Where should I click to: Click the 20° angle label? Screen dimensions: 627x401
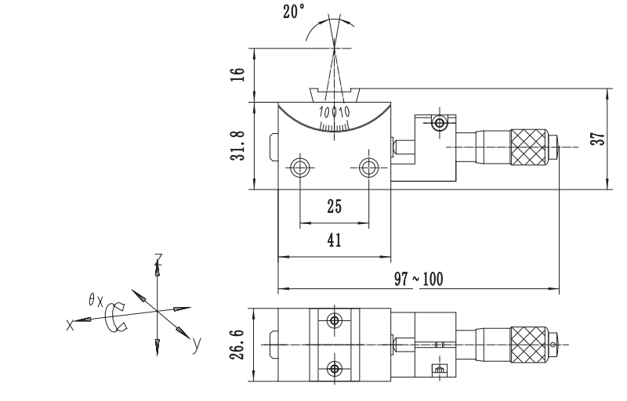click(293, 11)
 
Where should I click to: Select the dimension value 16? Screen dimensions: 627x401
click(237, 74)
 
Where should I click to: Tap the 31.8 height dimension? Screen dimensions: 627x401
click(237, 146)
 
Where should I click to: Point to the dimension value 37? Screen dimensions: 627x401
click(598, 139)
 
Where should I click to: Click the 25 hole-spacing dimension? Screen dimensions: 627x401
click(335, 207)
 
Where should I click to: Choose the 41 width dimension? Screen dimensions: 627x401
click(335, 240)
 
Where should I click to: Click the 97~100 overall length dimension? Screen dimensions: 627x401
click(419, 279)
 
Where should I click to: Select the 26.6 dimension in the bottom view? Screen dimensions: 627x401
click(237, 345)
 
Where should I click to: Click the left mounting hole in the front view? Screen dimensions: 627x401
click(300, 168)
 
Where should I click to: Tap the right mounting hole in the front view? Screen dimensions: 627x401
click(368, 168)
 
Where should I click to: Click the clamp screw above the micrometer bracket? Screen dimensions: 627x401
click(440, 123)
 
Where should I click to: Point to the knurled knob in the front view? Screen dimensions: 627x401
click(528, 147)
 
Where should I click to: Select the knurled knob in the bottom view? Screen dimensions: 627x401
click(528, 345)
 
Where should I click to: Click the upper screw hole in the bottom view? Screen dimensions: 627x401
click(335, 320)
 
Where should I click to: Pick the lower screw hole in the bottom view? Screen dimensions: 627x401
click(335, 369)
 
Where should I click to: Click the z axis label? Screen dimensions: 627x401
click(158, 258)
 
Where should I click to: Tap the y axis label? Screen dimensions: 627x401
click(196, 344)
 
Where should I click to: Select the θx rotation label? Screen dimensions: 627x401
click(96, 299)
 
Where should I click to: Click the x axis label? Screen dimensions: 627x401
click(70, 325)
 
